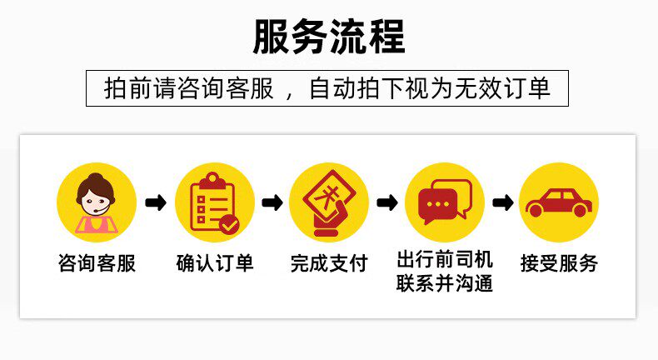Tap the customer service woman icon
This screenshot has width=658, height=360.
(97, 202)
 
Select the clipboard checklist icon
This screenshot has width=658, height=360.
(212, 202)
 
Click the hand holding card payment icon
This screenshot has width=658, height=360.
(328, 202)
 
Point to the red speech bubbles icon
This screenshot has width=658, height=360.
(444, 202)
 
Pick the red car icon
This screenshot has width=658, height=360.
(558, 202)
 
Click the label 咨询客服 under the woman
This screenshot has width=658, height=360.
(97, 264)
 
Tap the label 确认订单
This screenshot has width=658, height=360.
(214, 264)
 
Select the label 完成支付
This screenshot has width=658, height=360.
(329, 264)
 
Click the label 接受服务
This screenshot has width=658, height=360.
(560, 264)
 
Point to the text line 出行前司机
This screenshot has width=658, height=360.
(445, 257)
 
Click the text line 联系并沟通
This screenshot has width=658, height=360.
(445, 283)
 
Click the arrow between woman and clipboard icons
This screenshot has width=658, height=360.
(156, 202)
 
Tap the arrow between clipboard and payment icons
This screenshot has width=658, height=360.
(272, 202)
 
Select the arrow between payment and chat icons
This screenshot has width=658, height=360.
(386, 202)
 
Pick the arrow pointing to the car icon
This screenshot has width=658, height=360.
(502, 202)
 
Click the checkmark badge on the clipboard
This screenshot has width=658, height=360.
(228, 223)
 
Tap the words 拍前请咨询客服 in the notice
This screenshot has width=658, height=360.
(189, 88)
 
